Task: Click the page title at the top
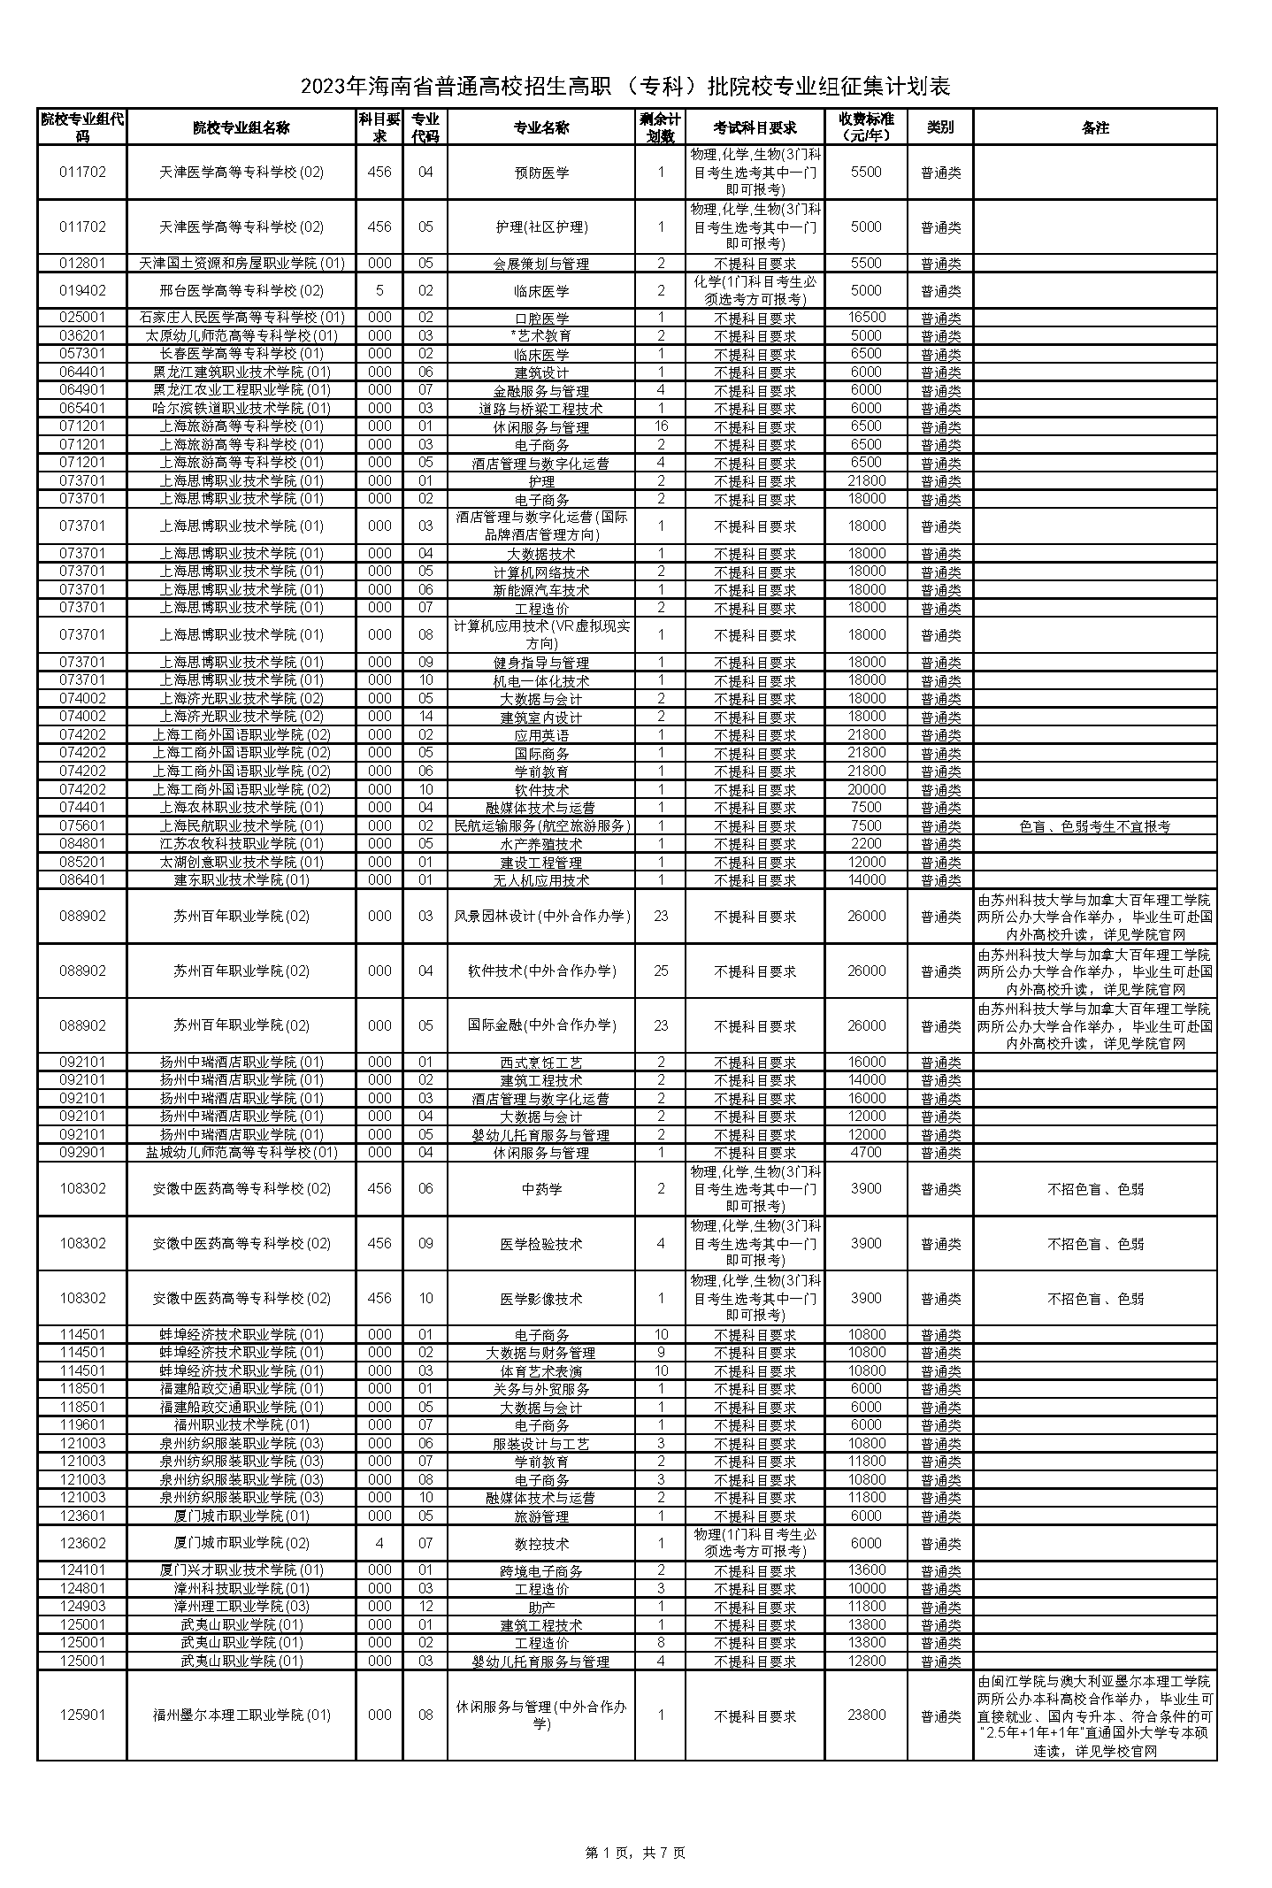click(625, 87)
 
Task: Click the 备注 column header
click(1094, 127)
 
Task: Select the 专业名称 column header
click(541, 127)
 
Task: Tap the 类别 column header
click(940, 127)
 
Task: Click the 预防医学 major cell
click(541, 173)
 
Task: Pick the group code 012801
click(82, 264)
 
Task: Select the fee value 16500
click(866, 318)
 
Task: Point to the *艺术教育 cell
click(541, 336)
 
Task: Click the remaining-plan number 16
click(661, 426)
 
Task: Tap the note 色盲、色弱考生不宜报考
click(1094, 826)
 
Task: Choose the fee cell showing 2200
click(866, 844)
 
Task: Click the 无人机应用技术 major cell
click(541, 880)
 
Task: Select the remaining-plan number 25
click(661, 971)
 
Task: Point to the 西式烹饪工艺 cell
click(541, 1063)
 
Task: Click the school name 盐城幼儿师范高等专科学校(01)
click(241, 1153)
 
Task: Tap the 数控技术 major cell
click(541, 1544)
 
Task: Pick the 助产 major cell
click(541, 1607)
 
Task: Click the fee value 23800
click(866, 1715)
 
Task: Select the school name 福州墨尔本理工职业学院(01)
click(241, 1715)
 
